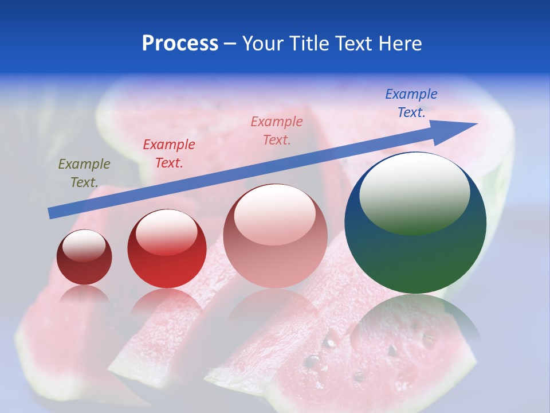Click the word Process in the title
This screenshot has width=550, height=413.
tap(180, 44)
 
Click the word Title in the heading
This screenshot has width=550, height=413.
tap(310, 44)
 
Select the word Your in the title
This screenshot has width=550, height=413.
tap(262, 44)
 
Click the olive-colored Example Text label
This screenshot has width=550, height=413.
tap(84, 173)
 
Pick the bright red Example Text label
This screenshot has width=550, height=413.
tap(169, 154)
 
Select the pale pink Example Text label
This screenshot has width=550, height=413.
tap(277, 130)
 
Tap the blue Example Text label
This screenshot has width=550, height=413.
tap(411, 103)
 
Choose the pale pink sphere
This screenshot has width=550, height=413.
tap(275, 258)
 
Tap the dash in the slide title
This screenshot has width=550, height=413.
tap(230, 44)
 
